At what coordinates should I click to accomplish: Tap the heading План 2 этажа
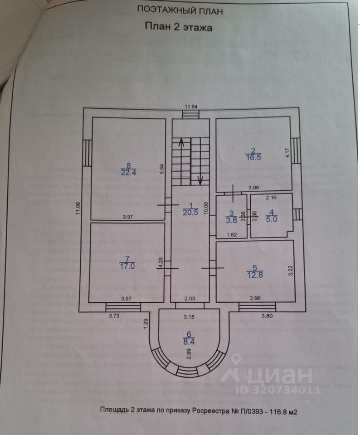pos(179,27)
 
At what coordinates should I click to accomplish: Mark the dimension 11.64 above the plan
pos(190,106)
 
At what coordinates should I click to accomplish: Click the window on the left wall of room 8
pos(86,153)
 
